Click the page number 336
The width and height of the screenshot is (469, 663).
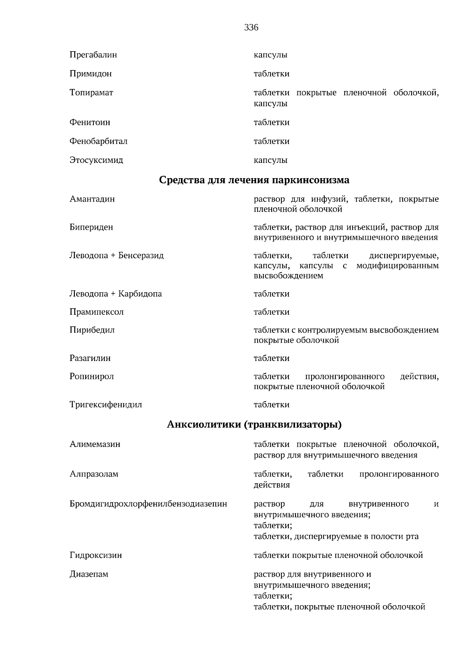click(x=251, y=27)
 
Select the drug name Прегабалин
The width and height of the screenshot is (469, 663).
click(x=93, y=55)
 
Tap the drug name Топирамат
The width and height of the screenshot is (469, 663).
click(x=91, y=93)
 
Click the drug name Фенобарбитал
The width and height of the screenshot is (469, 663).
click(x=98, y=141)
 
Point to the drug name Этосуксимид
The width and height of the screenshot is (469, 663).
click(x=96, y=160)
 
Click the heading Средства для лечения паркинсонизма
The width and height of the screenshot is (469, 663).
click(x=254, y=180)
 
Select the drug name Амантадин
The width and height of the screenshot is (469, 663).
click(x=92, y=199)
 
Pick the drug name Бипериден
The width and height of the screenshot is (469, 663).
click(x=91, y=227)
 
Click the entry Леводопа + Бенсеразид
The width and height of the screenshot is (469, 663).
click(x=116, y=256)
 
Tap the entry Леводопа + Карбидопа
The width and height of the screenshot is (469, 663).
click(x=115, y=293)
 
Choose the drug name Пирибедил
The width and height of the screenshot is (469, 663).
click(x=92, y=330)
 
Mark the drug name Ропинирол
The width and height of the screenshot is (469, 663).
click(x=91, y=376)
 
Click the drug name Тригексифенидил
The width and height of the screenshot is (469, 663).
click(x=106, y=404)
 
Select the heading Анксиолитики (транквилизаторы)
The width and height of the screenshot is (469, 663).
click(x=254, y=424)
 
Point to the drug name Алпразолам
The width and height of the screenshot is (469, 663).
click(x=94, y=474)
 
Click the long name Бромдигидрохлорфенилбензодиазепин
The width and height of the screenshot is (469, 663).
click(x=148, y=504)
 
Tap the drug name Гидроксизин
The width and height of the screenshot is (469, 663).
click(x=95, y=555)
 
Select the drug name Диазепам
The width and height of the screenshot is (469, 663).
click(x=89, y=574)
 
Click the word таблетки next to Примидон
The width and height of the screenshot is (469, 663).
click(x=271, y=74)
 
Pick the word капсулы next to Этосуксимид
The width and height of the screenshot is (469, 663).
click(x=270, y=160)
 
